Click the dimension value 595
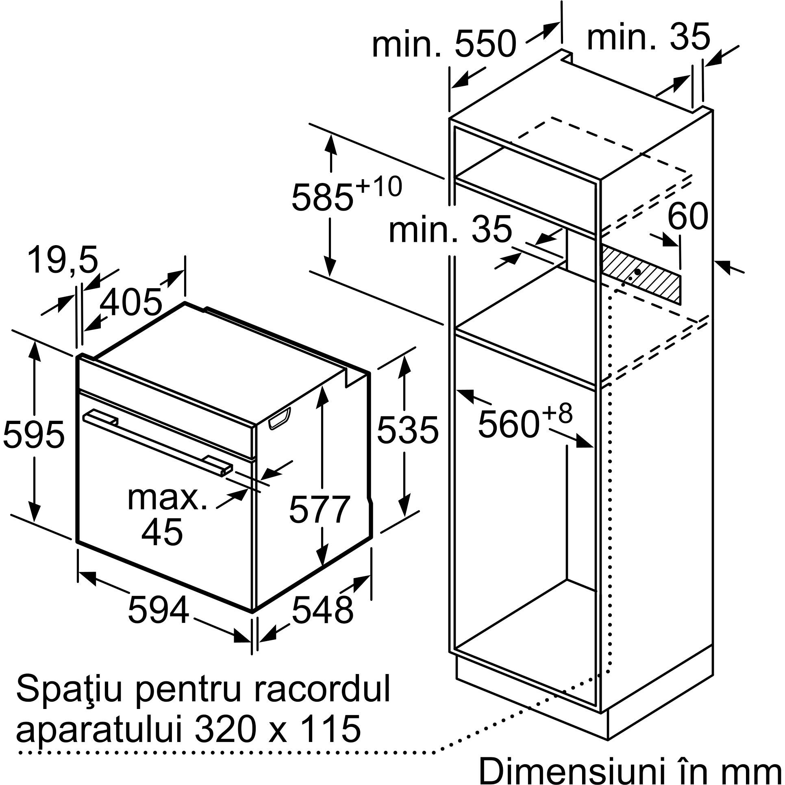(33, 434)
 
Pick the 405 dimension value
(130, 302)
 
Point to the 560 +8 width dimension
(525, 422)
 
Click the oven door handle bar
(159, 442)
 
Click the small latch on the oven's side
(279, 420)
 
